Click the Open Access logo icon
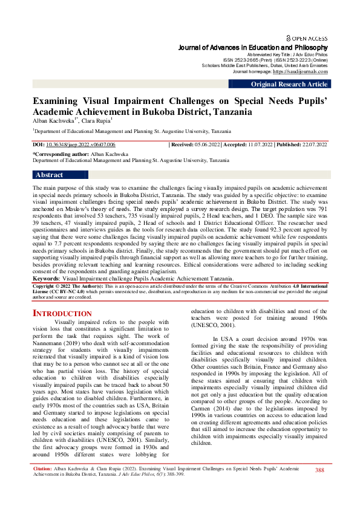click(289, 37)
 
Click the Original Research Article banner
click(289, 85)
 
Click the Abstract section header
click(50, 175)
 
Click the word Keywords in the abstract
click(47, 279)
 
